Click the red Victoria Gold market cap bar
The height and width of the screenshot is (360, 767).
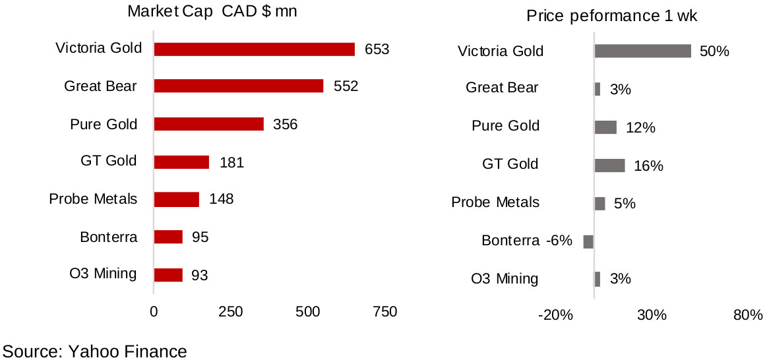(x=254, y=49)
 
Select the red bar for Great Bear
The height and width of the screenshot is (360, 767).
(x=238, y=86)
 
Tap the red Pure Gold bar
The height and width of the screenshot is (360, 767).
(x=208, y=124)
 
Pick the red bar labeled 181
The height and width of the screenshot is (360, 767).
(x=181, y=162)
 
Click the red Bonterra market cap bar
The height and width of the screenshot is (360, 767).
(x=168, y=237)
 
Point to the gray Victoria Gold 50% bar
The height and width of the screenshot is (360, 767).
(x=642, y=51)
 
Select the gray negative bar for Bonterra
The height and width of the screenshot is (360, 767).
(x=588, y=241)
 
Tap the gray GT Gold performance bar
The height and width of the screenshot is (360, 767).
(x=609, y=165)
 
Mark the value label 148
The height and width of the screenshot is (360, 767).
(x=221, y=198)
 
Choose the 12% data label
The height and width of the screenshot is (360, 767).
(x=640, y=128)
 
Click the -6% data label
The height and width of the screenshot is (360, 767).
(x=558, y=241)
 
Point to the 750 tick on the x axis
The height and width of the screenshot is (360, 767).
(x=384, y=312)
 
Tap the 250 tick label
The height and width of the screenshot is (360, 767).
(x=231, y=312)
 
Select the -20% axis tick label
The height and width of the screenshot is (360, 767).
(x=555, y=315)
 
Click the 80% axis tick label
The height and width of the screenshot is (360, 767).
(x=748, y=315)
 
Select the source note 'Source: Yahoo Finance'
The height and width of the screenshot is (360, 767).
(x=95, y=351)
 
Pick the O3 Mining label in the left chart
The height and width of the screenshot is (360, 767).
(x=104, y=274)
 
